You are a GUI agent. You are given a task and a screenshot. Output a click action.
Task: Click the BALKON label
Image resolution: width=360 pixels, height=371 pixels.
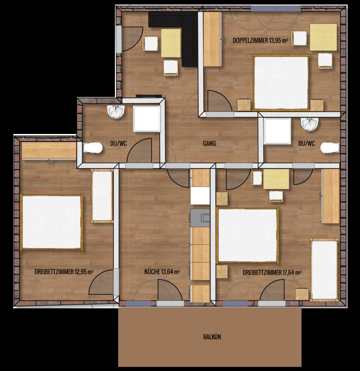[212, 337]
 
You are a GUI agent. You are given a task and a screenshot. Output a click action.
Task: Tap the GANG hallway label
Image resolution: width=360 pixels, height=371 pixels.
[209, 143]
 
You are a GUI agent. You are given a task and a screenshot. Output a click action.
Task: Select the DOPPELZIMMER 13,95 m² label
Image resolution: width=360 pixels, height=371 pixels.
[260, 40]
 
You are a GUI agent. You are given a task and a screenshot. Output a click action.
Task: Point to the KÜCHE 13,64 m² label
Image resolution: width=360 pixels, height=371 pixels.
[162, 272]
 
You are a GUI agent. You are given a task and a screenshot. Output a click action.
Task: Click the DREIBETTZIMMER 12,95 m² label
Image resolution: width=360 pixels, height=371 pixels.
[64, 272]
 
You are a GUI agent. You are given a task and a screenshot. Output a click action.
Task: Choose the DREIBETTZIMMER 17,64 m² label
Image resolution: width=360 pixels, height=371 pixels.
[272, 272]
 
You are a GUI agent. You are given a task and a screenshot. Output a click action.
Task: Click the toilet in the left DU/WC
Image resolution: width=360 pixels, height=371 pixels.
[93, 148]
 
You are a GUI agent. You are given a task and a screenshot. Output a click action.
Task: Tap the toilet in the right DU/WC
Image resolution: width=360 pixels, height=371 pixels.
[330, 148]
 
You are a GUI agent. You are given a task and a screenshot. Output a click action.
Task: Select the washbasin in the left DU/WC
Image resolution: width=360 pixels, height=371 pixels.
[116, 112]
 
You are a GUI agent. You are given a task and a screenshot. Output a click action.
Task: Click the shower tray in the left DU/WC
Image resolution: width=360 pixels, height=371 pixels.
[147, 119]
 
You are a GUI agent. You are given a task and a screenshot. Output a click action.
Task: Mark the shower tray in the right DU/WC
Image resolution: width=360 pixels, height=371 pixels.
[277, 131]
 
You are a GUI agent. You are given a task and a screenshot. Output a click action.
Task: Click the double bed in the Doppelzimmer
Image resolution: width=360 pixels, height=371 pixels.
[281, 82]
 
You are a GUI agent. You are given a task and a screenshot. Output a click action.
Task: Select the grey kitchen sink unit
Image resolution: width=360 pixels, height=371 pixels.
[200, 218]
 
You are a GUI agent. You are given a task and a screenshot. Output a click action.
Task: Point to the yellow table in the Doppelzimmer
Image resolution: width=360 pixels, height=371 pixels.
[323, 37]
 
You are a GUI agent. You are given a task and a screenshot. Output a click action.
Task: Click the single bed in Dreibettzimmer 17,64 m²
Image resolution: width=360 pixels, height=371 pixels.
[324, 270]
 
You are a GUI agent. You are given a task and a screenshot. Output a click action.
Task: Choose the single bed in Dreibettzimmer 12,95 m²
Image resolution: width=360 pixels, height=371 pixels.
[102, 196]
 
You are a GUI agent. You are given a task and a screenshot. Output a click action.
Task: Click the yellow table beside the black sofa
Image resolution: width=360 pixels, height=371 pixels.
[171, 43]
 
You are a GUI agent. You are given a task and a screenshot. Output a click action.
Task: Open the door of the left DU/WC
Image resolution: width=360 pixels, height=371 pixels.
[139, 151]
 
